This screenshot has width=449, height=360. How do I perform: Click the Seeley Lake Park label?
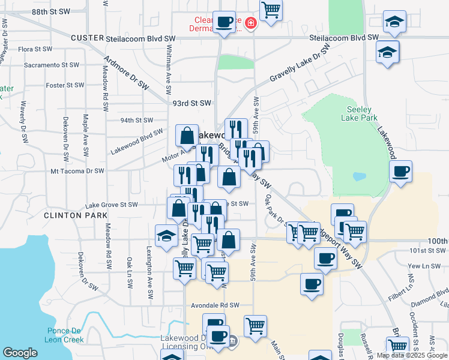click(360, 114)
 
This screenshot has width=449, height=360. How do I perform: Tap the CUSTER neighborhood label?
click(87, 38)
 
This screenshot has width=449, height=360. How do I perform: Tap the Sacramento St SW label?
click(52, 65)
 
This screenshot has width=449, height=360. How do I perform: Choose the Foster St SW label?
click(63, 85)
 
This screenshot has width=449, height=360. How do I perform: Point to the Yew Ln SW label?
click(418, 265)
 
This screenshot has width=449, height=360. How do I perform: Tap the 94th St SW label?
click(137, 120)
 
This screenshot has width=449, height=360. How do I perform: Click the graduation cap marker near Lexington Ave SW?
click(166, 235)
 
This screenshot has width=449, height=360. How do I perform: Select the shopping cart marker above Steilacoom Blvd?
click(271, 10)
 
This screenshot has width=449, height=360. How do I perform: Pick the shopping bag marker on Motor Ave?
click(187, 136)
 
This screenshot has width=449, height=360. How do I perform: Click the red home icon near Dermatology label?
click(251, 24)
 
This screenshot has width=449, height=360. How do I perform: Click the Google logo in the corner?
click(20, 353)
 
